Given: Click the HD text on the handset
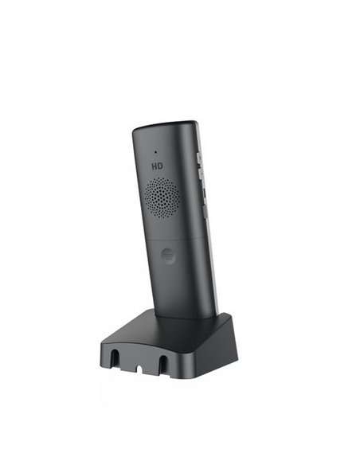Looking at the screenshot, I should pyautogui.click(x=158, y=167).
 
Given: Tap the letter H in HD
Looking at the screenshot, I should pyautogui.click(x=154, y=167).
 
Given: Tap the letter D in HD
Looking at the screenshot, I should pyautogui.click(x=162, y=167).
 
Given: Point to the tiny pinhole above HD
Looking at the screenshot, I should pyautogui.click(x=156, y=151).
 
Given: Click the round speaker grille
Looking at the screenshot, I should pyautogui.click(x=162, y=197).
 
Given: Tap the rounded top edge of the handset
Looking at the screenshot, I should pyautogui.click(x=163, y=127).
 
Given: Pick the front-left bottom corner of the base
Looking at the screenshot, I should pyautogui.click(x=102, y=368).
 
